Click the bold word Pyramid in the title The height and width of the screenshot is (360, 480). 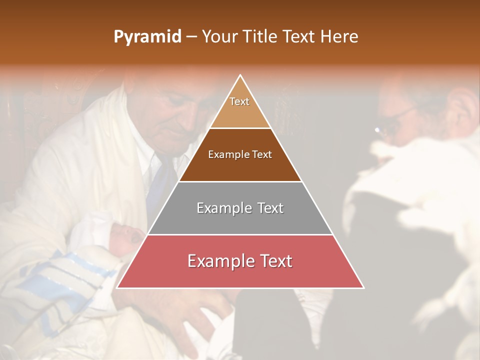[147, 37]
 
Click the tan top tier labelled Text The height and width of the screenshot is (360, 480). [240, 105]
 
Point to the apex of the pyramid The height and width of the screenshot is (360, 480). [240, 75]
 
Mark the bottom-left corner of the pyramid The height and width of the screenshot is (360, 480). [117, 288]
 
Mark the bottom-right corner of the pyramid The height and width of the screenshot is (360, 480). [363, 288]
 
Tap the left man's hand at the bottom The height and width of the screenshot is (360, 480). [200, 320]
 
